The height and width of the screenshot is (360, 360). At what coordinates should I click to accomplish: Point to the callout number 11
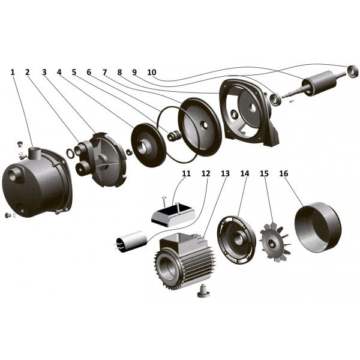click(187, 173)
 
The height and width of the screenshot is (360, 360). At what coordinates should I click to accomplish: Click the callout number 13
click(225, 173)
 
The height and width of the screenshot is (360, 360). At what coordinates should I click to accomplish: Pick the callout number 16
click(284, 173)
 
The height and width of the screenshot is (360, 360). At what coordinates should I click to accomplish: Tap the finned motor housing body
click(186, 261)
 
